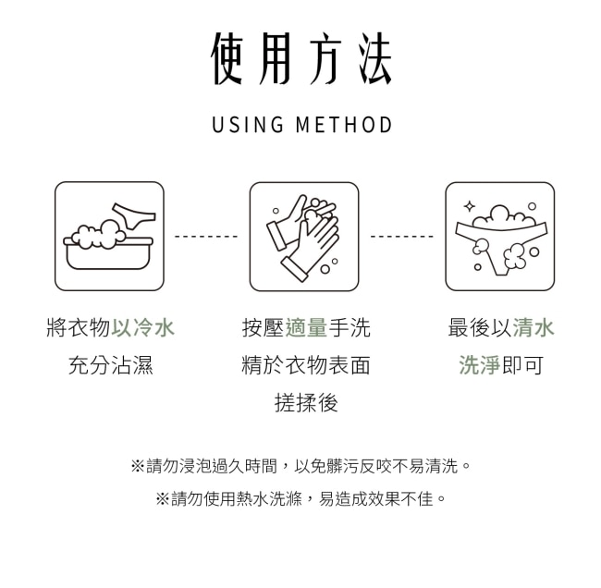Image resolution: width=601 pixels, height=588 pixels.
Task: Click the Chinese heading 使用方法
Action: [301, 58]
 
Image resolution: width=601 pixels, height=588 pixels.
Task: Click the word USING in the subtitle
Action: [248, 125]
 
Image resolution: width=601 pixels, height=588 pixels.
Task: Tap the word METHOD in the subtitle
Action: [344, 125]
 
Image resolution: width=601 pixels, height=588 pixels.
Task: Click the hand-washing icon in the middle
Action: [304, 237]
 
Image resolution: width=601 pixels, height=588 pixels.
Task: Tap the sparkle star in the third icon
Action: [469, 206]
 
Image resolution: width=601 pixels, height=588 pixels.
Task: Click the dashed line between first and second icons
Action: [206, 236]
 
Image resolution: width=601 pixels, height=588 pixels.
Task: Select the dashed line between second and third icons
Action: [401, 236]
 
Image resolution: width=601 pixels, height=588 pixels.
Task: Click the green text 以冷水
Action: [142, 327]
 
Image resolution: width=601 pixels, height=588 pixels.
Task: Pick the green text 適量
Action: [306, 327]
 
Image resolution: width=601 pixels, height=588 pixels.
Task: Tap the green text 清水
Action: [534, 327]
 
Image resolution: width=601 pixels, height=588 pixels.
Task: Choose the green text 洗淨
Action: [480, 365]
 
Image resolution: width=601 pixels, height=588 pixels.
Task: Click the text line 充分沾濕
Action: [111, 365]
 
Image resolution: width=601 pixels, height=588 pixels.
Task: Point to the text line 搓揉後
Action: [306, 402]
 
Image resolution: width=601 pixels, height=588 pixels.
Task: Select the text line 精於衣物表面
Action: [306, 365]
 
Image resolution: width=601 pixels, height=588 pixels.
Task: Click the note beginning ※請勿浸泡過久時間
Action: [300, 466]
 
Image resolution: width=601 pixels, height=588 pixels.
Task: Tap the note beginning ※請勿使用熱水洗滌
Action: [300, 498]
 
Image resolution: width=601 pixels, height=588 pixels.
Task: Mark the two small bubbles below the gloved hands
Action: [329, 266]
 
